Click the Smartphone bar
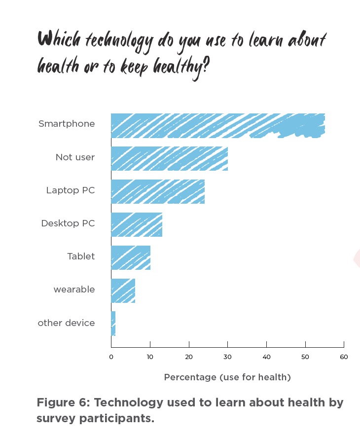click(x=217, y=126)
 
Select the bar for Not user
click(x=169, y=158)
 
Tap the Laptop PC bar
click(x=157, y=191)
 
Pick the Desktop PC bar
click(x=136, y=224)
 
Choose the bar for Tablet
click(x=130, y=257)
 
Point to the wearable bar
click(x=123, y=291)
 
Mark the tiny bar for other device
click(x=113, y=324)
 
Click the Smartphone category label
click(x=67, y=124)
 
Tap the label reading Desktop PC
click(x=68, y=223)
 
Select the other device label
click(x=66, y=323)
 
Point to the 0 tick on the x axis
click(x=111, y=357)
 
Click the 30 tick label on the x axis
click(x=227, y=357)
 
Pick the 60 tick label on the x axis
click(x=344, y=357)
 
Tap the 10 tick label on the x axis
click(x=150, y=357)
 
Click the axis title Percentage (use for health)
click(x=227, y=377)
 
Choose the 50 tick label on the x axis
click(x=305, y=357)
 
